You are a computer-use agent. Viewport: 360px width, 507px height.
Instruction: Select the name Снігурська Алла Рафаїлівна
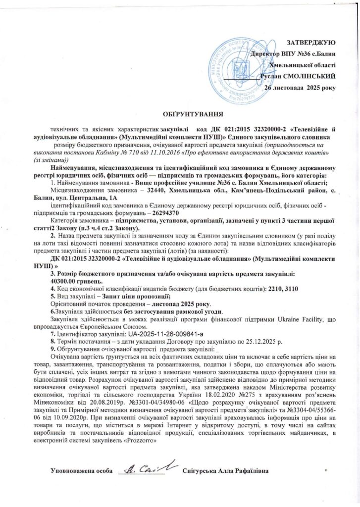tap(225, 469)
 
